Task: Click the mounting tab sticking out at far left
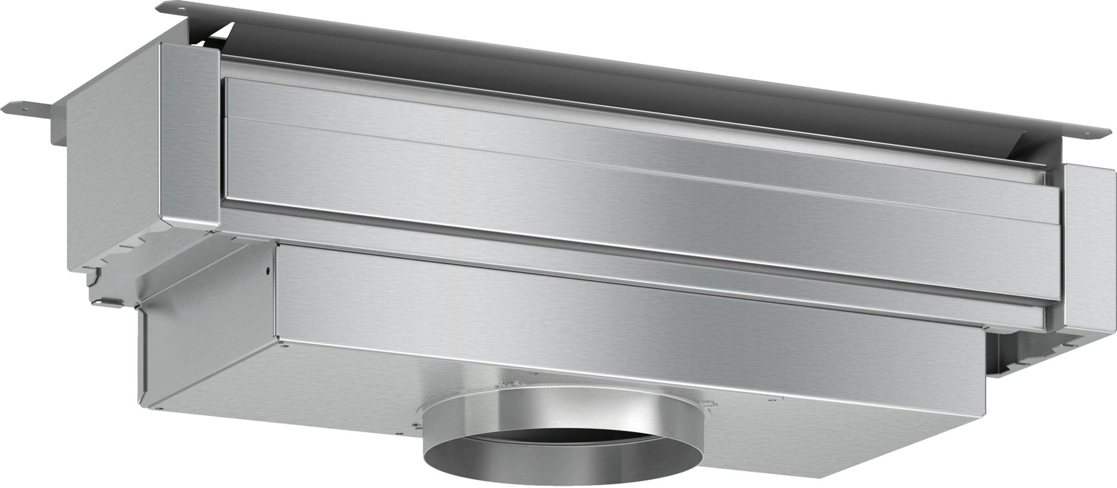tap(28, 106)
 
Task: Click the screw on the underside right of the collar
tap(771, 399)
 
